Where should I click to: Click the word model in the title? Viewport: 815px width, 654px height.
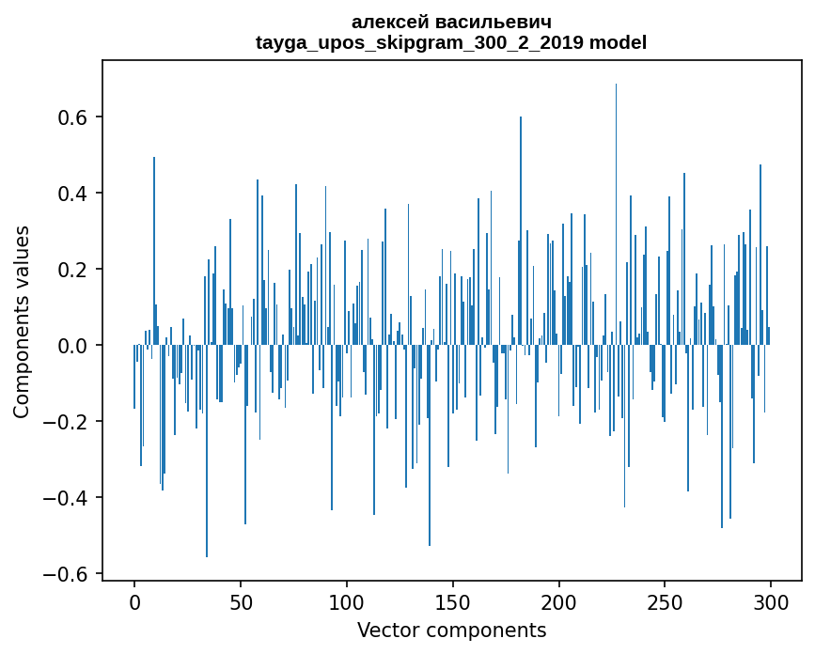tap(618, 42)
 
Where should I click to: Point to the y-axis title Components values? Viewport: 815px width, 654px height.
tap(22, 321)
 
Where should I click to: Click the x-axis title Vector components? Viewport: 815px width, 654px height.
tap(451, 630)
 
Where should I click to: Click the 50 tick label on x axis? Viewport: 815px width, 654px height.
tap(241, 601)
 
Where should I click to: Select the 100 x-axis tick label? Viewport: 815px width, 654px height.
tap(347, 601)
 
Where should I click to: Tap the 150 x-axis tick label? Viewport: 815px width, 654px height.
tap(453, 601)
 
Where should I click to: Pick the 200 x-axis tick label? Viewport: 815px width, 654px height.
tap(559, 601)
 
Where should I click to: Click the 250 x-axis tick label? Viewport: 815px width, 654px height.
tap(666, 601)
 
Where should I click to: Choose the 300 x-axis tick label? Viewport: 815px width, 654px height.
tap(772, 601)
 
